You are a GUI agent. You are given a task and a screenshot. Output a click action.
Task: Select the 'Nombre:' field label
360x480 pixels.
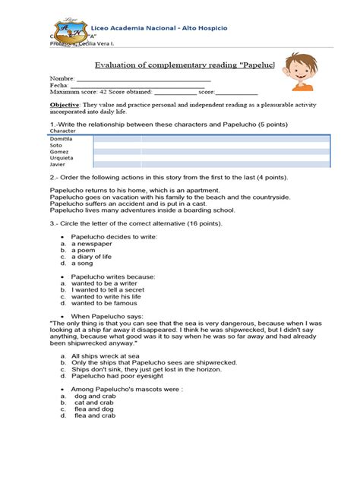62,79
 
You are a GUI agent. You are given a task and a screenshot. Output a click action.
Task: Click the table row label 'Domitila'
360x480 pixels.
62,139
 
